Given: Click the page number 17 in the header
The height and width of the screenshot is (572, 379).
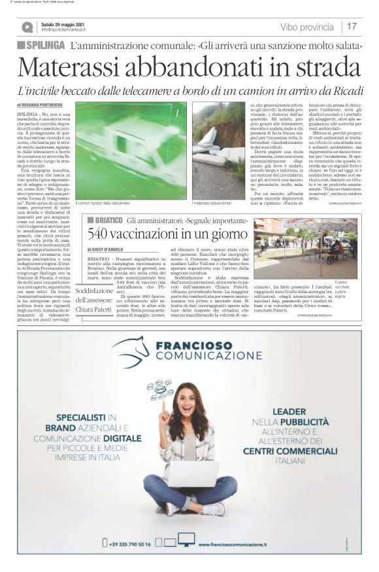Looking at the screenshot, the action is (x=352, y=27).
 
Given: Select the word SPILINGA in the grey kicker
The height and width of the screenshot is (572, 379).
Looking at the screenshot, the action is (x=46, y=45).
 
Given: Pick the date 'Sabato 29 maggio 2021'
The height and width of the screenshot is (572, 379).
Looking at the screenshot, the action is (x=63, y=24).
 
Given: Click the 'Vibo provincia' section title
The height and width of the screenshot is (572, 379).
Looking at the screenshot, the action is (x=306, y=27).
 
